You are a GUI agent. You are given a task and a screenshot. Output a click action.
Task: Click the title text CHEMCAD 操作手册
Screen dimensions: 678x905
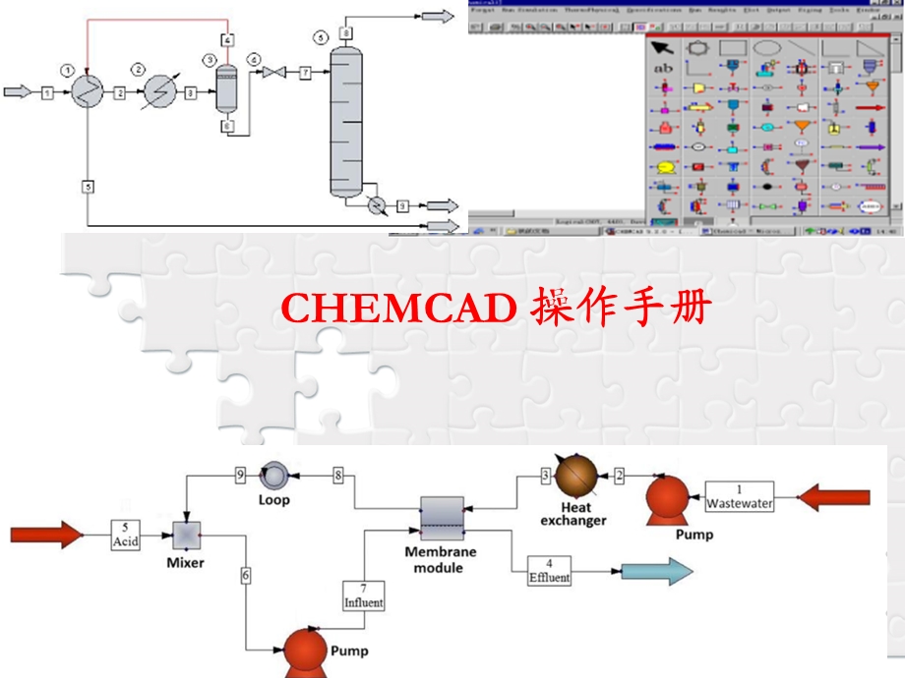(x=495, y=310)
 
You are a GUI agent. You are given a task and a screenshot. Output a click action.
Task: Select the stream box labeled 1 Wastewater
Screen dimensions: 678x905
(x=740, y=497)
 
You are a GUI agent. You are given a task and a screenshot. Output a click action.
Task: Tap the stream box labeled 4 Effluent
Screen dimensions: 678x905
(x=549, y=572)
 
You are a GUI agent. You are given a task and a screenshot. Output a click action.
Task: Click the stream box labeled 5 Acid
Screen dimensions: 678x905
(x=126, y=535)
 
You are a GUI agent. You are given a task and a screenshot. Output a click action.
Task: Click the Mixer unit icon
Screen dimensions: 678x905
(x=185, y=534)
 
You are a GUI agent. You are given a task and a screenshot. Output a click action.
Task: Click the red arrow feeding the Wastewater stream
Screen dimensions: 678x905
(x=833, y=497)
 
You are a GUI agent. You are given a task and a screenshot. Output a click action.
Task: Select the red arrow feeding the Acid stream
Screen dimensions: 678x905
(x=46, y=535)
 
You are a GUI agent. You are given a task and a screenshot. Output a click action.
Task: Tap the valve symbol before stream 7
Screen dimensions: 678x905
(x=279, y=73)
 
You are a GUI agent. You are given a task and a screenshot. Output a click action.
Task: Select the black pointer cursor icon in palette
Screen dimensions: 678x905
(x=663, y=47)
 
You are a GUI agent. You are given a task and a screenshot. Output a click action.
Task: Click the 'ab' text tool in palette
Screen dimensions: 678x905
(x=663, y=68)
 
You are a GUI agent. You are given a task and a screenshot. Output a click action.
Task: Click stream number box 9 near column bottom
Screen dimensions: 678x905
(x=401, y=205)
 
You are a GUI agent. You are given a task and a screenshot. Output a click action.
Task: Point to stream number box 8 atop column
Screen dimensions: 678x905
(x=346, y=32)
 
